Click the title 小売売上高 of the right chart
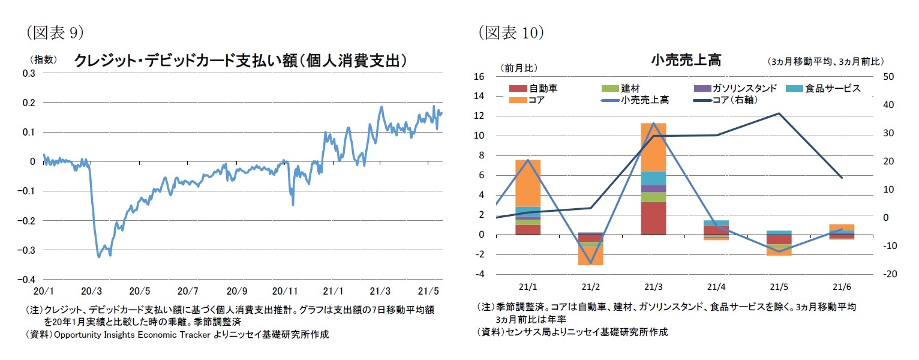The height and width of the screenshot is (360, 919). pyautogui.click(x=685, y=60)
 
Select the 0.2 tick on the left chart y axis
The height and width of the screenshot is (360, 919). pyautogui.click(x=29, y=103)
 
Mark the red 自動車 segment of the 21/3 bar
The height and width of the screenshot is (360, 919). pyautogui.click(x=653, y=218)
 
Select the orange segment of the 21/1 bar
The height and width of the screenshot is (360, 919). pyautogui.click(x=528, y=183)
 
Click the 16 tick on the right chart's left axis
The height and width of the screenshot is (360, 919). pyautogui.click(x=479, y=77)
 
